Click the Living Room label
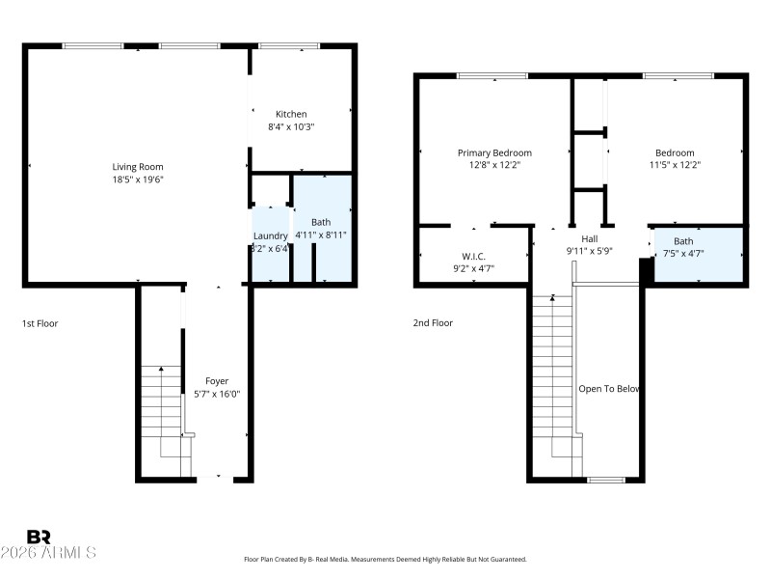138,167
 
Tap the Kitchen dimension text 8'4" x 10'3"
291,126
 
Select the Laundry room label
270,236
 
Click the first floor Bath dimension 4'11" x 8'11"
321,234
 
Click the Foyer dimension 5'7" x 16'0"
217,394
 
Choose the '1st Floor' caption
40,323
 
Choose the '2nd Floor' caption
433,323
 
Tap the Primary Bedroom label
494,152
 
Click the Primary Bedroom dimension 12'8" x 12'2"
494,165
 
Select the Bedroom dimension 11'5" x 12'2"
675,165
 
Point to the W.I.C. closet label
473,256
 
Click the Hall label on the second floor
590,238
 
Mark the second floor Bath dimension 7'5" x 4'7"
683,254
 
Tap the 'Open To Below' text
609,389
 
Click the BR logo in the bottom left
39,537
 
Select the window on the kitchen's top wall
289,45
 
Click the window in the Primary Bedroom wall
492,75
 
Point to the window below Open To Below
606,479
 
